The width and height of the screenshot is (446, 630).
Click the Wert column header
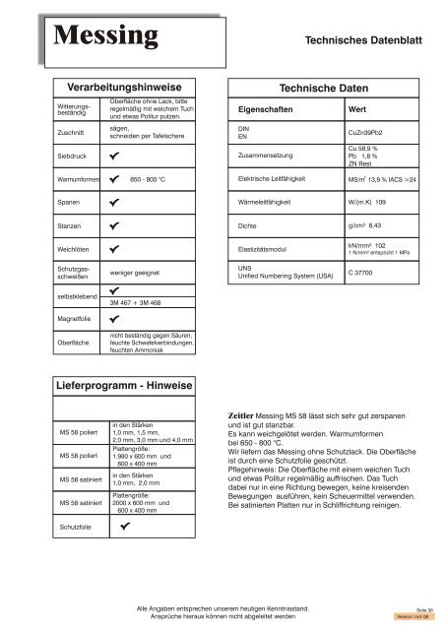click(358, 109)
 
